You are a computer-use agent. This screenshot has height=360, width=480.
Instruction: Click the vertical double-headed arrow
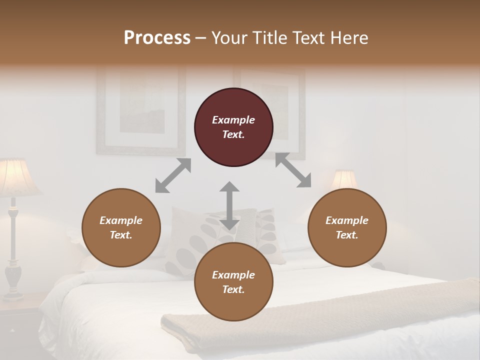pos(229,205)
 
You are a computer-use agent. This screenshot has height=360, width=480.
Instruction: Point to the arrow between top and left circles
pos(173,175)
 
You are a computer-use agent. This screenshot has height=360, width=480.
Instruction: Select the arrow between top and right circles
pos(293,170)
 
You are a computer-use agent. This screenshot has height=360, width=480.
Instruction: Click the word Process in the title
pos(157,37)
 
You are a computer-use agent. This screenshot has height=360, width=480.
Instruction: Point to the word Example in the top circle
pos(233,120)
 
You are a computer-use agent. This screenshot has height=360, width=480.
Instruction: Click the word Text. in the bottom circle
pos(233,289)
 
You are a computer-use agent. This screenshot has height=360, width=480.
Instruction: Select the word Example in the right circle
pos(347,220)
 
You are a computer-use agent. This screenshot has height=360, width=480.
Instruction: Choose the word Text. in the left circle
pos(121,235)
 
